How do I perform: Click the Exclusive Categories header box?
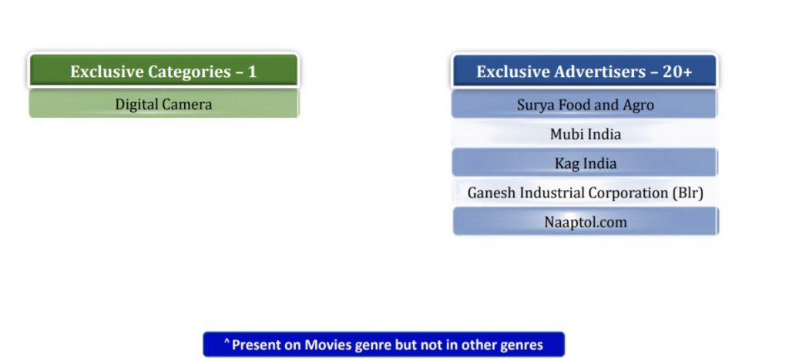163,71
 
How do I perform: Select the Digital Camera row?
163,104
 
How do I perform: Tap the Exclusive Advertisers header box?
585,71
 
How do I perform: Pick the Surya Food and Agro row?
585,105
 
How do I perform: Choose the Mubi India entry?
585,134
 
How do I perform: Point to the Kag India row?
585,163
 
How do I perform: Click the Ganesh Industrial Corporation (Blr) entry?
585,193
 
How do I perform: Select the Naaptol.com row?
585,221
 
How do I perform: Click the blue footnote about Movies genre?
384,345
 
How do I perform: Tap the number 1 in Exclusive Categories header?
252,72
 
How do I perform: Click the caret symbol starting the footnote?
227,341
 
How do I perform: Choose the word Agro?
639,106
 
